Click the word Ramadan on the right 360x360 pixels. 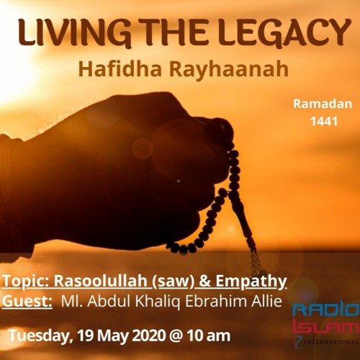tap(323, 104)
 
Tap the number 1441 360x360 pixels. tap(323, 122)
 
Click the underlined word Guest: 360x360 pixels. tap(27, 302)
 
